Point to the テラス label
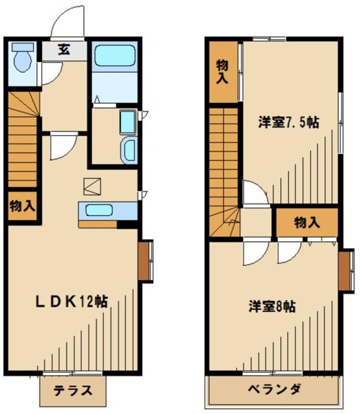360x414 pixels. tap(73, 391)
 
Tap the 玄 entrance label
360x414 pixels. tap(63, 50)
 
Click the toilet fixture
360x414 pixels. tap(23, 59)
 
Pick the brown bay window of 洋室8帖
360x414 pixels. tap(344, 272)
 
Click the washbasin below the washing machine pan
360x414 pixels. tap(128, 148)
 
